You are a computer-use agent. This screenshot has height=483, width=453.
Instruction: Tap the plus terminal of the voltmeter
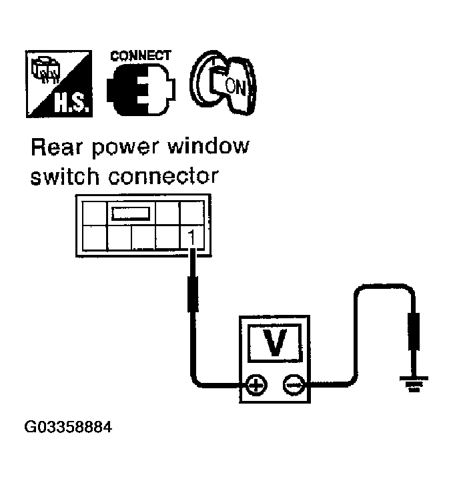pos(256,385)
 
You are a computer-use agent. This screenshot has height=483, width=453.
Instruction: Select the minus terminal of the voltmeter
pos(294,385)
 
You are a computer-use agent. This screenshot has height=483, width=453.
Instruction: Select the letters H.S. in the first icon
pos(69,100)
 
